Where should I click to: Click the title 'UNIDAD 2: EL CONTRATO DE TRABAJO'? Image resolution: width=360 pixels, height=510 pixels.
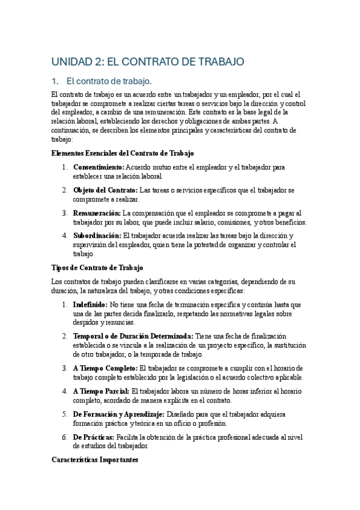click(x=148, y=61)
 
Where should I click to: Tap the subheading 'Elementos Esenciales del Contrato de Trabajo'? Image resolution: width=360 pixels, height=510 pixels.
click(x=123, y=153)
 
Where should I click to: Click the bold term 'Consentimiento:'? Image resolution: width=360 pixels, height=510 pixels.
click(x=99, y=167)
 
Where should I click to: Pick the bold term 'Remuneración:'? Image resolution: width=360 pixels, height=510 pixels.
click(x=97, y=213)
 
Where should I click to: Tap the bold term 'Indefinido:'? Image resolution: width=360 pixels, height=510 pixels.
click(x=90, y=305)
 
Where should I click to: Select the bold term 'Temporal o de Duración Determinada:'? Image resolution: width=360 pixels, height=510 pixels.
click(x=133, y=336)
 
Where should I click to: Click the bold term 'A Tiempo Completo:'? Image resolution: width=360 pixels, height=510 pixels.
click(x=105, y=367)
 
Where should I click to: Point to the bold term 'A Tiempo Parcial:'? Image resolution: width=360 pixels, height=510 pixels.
click(x=101, y=391)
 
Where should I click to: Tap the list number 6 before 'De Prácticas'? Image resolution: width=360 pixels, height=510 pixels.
click(x=65, y=437)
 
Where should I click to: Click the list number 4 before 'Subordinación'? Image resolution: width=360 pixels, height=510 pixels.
click(x=65, y=236)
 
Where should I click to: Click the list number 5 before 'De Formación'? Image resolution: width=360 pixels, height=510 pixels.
click(x=65, y=414)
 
